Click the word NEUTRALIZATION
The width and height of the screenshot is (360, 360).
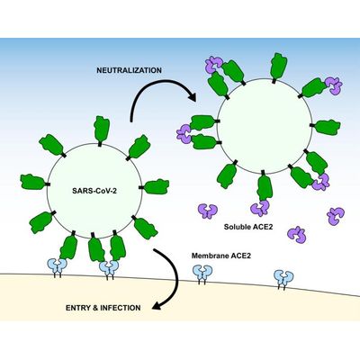tap(129, 70)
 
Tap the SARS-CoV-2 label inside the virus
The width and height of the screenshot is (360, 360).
tap(94, 191)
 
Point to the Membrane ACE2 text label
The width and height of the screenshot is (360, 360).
tap(221, 256)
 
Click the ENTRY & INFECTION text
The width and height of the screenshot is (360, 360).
tap(103, 308)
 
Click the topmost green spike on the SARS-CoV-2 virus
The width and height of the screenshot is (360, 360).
tap(102, 130)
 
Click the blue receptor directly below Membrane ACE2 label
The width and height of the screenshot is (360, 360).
tap(202, 274)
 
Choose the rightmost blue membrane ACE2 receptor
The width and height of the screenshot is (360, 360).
tap(283, 278)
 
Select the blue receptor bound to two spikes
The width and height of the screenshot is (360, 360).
tap(109, 268)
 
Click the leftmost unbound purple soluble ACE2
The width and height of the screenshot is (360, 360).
tap(208, 211)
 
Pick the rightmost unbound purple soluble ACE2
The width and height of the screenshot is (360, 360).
tap(336, 216)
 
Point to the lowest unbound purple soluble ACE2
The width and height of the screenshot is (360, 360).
tap(297, 235)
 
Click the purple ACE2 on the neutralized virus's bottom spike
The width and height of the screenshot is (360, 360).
tap(260, 208)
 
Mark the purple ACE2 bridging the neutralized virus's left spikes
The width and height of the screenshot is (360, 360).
tap(184, 134)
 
